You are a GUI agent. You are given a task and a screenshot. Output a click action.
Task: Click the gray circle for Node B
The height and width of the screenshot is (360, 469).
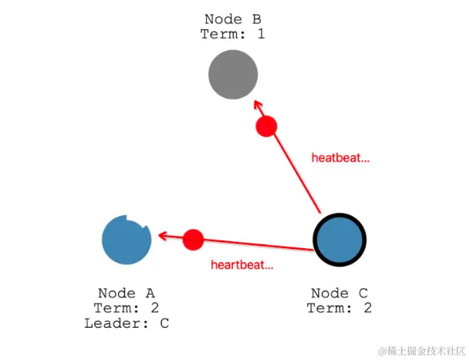click(x=233, y=75)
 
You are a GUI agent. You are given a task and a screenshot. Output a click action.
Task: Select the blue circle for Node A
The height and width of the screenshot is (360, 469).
click(x=126, y=240)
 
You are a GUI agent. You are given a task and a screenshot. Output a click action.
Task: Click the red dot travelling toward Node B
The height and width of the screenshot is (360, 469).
click(x=266, y=127)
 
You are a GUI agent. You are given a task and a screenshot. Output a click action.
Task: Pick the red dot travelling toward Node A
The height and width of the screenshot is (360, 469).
click(x=193, y=240)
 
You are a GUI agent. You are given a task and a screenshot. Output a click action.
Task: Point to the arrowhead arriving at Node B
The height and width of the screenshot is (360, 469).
click(x=257, y=106)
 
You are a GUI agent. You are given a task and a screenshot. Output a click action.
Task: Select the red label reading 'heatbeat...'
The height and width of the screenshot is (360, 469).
click(x=340, y=159)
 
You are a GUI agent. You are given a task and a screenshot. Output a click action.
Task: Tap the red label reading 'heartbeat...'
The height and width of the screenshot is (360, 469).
click(x=242, y=265)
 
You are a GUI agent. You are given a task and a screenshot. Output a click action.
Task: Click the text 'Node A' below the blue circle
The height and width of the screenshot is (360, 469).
click(x=126, y=293)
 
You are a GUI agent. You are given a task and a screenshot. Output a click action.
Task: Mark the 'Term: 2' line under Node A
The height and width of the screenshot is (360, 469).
click(x=126, y=308)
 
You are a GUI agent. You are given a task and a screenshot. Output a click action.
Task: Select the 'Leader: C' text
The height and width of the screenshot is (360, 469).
click(x=126, y=323)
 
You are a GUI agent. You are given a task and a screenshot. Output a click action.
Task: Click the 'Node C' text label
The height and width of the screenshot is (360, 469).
click(x=339, y=293)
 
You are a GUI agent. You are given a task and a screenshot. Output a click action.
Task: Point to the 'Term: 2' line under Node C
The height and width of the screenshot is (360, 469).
click(x=339, y=308)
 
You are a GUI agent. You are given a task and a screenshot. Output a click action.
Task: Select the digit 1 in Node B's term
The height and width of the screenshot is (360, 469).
click(x=261, y=34)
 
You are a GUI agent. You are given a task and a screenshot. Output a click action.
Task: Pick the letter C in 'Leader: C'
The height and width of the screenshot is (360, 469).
click(x=164, y=323)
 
